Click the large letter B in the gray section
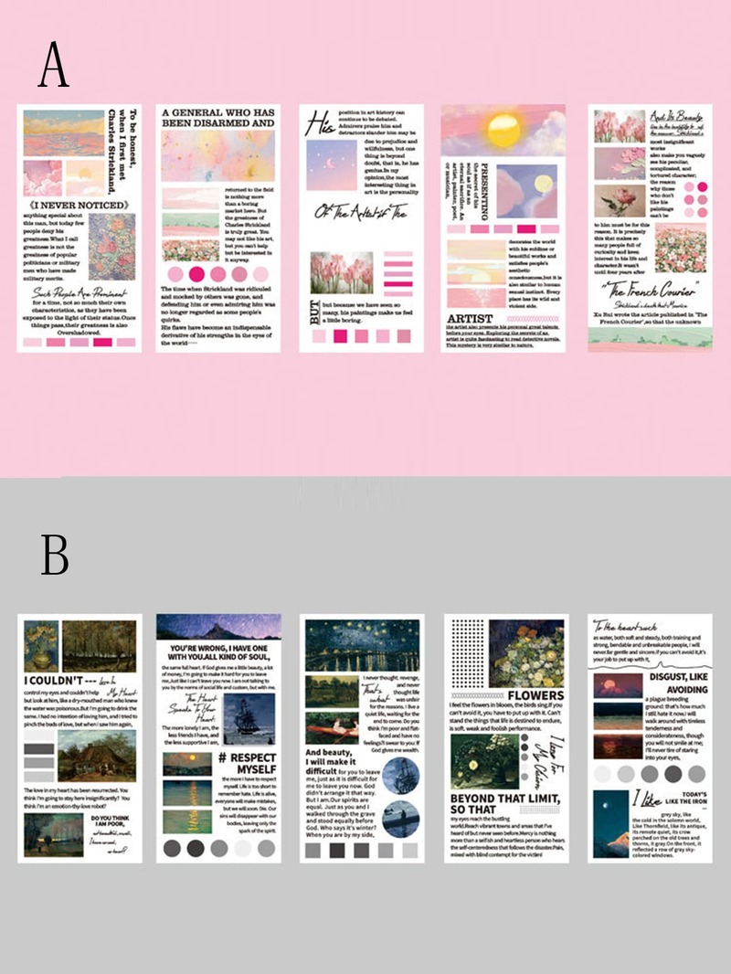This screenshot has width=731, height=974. click(54, 553)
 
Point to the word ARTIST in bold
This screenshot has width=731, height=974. click(470, 319)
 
